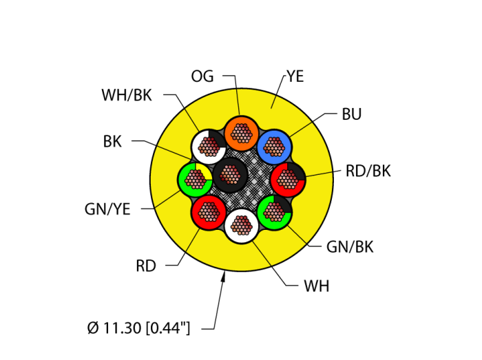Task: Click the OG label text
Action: click(202, 76)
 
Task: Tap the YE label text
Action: click(295, 76)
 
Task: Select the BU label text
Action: click(351, 114)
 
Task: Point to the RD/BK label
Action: click(368, 171)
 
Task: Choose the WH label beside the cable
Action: click(317, 286)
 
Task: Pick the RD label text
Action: click(146, 266)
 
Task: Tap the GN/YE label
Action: click(107, 209)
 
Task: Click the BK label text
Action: click(112, 142)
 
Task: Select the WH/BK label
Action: click(127, 95)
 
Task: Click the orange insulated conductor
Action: click(241, 132)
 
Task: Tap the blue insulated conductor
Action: click(275, 146)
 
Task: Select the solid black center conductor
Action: click(229, 175)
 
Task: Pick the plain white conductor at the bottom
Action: click(241, 224)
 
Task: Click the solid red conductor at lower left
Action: click(208, 211)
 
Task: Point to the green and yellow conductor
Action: click(195, 180)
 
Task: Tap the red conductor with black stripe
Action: click(288, 180)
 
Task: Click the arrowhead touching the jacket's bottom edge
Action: click(224, 277)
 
